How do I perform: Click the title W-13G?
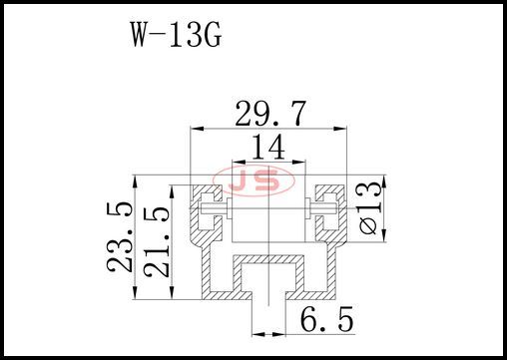(176, 34)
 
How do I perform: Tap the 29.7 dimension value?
(270, 114)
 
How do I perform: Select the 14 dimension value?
(268, 147)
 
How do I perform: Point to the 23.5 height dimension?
(120, 236)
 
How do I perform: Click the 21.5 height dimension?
(157, 242)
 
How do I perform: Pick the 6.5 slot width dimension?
(326, 319)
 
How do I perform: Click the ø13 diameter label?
(370, 207)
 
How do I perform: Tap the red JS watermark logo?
(253, 181)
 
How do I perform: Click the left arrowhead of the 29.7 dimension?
(196, 129)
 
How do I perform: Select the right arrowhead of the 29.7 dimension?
(340, 129)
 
